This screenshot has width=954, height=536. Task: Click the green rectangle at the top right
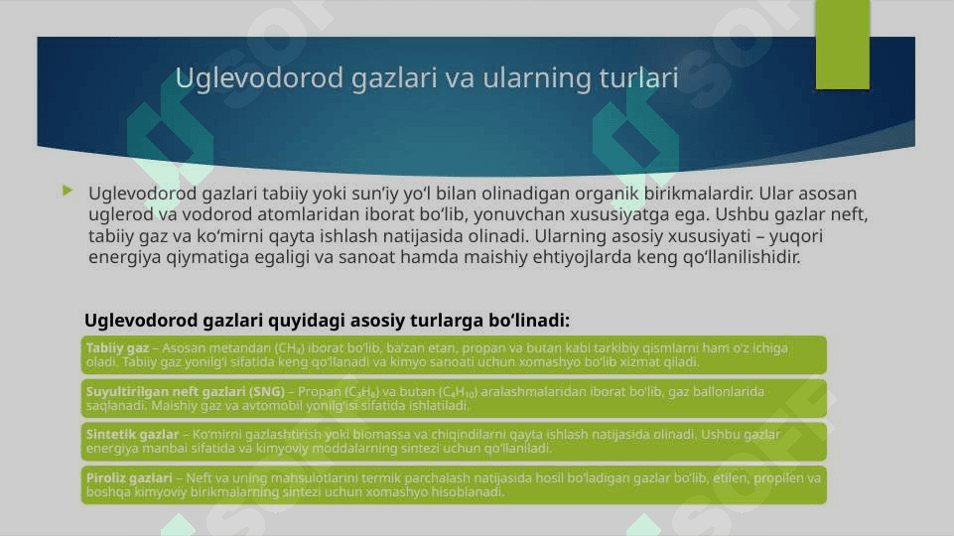843,45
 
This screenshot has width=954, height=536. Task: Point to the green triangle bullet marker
68,191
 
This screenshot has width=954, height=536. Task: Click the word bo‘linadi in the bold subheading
529,320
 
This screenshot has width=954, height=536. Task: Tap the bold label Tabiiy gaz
117,348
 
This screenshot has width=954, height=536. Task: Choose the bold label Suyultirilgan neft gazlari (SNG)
186,392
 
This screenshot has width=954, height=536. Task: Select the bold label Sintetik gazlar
133,435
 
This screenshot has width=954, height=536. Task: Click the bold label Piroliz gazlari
129,478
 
